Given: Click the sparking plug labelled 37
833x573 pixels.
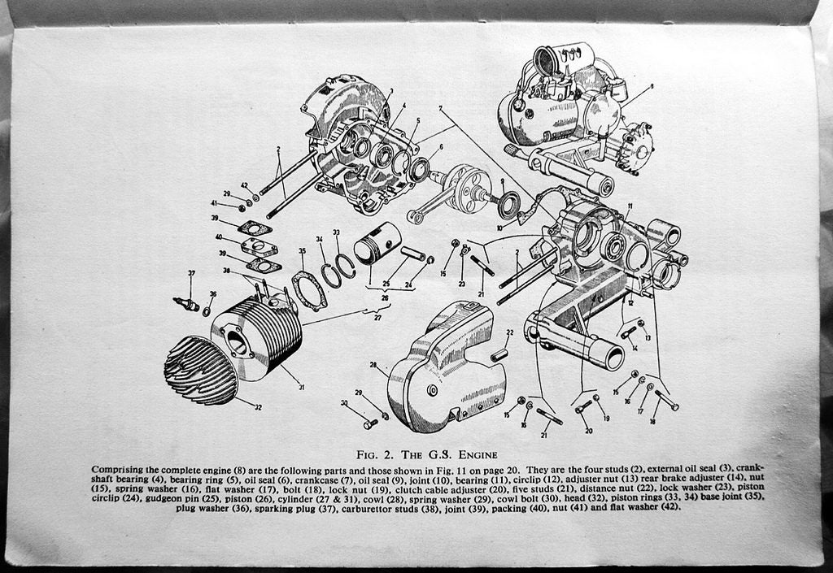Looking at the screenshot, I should (x=186, y=304).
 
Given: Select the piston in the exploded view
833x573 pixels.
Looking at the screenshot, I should (x=377, y=243).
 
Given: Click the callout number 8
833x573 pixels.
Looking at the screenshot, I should (x=651, y=86).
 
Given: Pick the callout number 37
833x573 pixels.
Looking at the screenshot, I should (x=191, y=274).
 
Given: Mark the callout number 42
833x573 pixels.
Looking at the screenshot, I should (x=244, y=186).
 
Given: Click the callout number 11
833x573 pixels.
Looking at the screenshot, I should (x=629, y=206).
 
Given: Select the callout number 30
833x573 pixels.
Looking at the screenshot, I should (x=344, y=403).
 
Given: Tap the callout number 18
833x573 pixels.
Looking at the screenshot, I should (x=654, y=421).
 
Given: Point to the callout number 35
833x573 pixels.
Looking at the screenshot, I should (x=303, y=252).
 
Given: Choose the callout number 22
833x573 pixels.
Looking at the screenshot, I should (x=510, y=332).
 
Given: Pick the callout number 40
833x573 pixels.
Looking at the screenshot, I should (x=219, y=238).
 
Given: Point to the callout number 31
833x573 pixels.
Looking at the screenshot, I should (x=301, y=388).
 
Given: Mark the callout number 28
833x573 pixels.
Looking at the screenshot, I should (x=373, y=365).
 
